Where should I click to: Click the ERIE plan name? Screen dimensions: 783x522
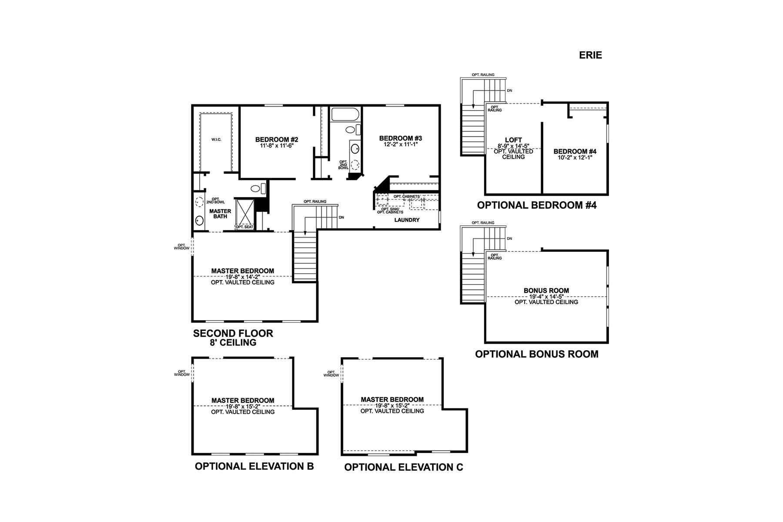(590, 55)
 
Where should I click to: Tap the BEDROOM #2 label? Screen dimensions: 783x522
(277, 140)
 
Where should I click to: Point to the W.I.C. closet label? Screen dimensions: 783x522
(216, 139)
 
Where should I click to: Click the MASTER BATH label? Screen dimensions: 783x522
(220, 214)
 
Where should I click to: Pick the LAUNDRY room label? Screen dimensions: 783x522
(407, 220)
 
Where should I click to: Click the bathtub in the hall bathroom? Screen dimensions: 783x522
(345, 115)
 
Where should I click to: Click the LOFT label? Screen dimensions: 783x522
(513, 140)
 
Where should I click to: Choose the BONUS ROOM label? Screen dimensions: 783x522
(546, 291)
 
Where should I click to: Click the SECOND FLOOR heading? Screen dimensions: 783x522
(233, 334)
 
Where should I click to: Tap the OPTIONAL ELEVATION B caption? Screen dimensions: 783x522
(254, 466)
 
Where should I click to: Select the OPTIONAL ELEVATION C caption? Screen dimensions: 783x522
(404, 467)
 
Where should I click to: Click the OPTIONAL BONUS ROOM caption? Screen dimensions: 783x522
(537, 354)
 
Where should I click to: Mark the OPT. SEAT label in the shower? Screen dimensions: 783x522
(244, 227)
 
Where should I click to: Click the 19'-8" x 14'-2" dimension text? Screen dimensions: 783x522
(243, 277)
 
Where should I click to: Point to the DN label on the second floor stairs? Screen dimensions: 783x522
(341, 217)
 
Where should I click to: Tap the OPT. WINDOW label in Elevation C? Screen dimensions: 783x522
(331, 374)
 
